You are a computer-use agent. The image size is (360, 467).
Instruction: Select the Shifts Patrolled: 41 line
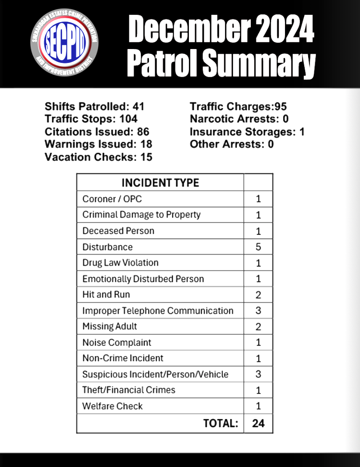click(94, 106)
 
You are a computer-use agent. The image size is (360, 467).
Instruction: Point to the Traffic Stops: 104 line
click(91, 119)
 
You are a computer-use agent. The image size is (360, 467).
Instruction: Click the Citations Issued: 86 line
click(97, 131)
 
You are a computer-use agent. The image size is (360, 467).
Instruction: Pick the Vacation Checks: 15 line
click(98, 157)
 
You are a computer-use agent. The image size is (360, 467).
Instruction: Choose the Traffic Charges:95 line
click(238, 106)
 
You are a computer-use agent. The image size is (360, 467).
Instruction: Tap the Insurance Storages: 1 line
click(247, 131)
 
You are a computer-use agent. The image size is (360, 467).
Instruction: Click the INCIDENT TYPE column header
click(160, 183)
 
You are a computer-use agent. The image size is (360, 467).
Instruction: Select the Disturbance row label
click(107, 247)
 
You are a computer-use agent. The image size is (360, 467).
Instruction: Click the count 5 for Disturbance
click(258, 247)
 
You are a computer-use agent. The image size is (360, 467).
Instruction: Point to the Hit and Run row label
click(106, 295)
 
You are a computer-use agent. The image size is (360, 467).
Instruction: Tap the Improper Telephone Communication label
click(158, 310)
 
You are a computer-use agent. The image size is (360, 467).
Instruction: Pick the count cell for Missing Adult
click(258, 327)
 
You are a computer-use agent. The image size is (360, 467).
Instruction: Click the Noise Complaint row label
click(117, 343)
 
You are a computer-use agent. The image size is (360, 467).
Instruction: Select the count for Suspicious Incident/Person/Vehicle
click(258, 374)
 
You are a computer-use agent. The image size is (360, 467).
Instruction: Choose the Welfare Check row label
click(112, 406)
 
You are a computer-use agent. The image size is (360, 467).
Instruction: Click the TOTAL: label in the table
click(221, 423)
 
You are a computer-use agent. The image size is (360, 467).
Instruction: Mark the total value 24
click(258, 423)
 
